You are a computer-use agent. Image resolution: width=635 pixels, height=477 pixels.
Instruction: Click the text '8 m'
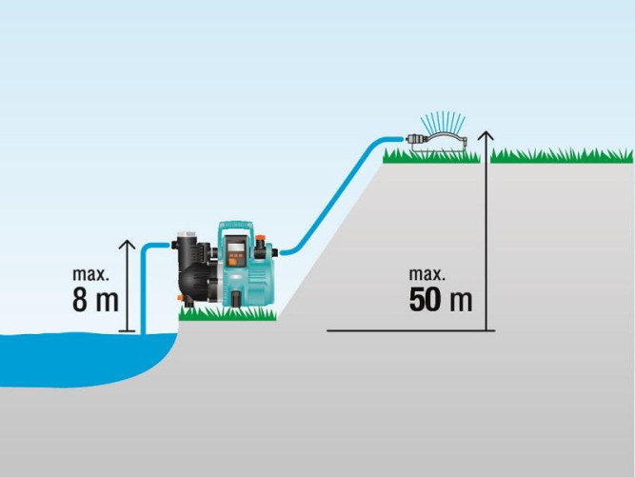point(95,300)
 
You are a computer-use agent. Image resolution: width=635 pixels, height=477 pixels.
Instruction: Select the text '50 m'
point(441,300)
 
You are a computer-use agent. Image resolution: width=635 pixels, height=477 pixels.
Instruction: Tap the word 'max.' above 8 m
point(90,274)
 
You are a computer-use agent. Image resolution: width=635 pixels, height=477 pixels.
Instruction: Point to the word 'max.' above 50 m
point(427,274)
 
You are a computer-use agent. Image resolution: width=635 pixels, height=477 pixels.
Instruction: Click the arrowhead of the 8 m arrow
point(128,244)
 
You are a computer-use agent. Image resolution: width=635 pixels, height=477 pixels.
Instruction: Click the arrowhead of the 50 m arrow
point(486,135)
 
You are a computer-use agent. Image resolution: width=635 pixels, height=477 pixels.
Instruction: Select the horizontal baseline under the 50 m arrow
point(411,330)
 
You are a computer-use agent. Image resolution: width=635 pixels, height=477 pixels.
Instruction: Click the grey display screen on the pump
point(236,246)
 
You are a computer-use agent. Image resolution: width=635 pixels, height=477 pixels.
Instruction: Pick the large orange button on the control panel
point(232,262)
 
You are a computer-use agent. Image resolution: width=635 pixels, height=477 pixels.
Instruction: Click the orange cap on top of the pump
point(260,237)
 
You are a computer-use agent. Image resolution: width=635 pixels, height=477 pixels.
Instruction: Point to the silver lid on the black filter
point(187,234)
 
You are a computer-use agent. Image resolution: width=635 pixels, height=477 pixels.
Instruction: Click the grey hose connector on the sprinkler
point(416,139)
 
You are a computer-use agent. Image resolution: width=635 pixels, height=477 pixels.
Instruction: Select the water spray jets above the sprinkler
point(443,122)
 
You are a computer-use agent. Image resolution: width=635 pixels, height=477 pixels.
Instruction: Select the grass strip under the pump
point(228,314)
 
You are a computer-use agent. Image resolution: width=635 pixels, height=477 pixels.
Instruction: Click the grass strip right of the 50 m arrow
point(562,156)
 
